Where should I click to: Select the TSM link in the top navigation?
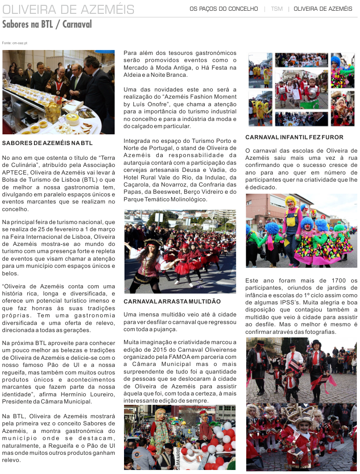(277, 9)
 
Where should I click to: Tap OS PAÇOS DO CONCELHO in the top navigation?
(223, 9)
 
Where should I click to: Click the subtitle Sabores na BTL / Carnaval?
(47, 24)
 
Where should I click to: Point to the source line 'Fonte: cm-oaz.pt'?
(15, 43)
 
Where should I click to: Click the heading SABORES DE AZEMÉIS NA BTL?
(47, 143)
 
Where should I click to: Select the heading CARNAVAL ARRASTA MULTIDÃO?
(172, 302)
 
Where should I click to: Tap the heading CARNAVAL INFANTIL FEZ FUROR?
(294, 137)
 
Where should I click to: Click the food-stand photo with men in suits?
(58, 92)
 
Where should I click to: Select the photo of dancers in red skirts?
(180, 252)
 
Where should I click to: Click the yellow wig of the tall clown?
(290, 200)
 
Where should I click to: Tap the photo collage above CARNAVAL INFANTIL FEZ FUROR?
(301, 89)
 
